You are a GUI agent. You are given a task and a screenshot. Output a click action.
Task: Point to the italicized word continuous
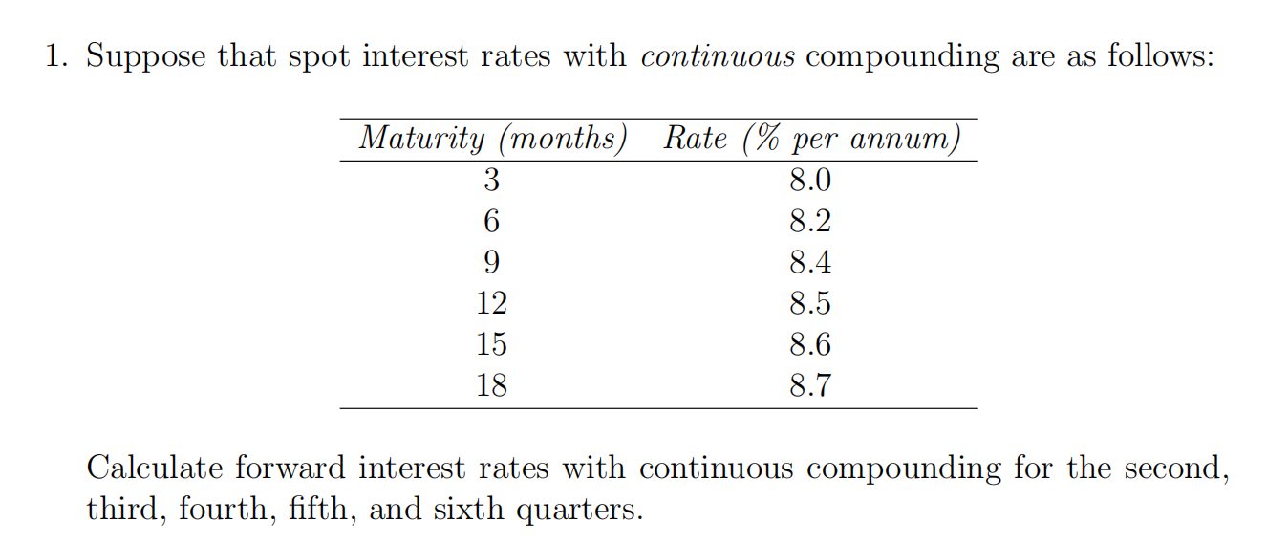click(x=718, y=57)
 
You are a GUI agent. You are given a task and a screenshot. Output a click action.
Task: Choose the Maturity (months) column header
click(x=492, y=141)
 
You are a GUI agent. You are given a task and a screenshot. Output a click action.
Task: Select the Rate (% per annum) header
click(x=811, y=141)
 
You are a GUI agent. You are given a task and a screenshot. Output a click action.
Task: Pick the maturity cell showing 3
click(x=491, y=181)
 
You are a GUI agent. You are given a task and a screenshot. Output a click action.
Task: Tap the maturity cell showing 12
click(x=491, y=304)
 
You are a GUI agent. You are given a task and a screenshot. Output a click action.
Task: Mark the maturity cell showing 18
click(x=491, y=386)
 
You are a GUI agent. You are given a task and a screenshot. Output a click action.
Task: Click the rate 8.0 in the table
click(x=810, y=181)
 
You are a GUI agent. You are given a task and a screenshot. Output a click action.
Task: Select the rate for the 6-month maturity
click(x=810, y=222)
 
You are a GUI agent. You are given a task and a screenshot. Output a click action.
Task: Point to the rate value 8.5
click(x=810, y=304)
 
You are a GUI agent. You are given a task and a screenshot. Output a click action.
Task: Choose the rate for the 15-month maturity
click(x=810, y=345)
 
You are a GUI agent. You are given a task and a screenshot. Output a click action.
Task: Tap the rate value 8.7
click(x=810, y=386)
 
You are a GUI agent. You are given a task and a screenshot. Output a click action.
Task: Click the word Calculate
click(x=153, y=469)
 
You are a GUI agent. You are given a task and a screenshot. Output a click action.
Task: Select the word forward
click(x=291, y=469)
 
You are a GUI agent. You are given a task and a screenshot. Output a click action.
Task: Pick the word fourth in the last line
click(x=221, y=510)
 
